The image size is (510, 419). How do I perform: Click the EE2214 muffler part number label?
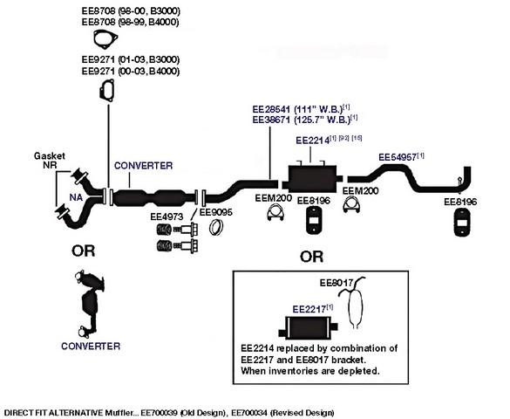point(312,141)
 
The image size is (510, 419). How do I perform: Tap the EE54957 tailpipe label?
point(398,157)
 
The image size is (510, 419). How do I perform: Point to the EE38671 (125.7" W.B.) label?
point(302,120)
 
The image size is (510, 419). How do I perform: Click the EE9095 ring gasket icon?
point(216,227)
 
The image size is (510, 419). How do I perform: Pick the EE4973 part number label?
point(167,216)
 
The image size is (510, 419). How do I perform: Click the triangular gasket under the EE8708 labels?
point(105,39)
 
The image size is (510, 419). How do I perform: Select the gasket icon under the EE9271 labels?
point(106,90)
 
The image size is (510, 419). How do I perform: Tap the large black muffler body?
point(312,179)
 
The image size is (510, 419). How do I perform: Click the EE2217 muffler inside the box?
point(308,328)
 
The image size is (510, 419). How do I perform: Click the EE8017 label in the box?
point(336,283)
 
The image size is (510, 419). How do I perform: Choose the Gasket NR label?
point(50,160)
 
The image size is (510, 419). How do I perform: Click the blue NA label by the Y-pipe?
point(76,197)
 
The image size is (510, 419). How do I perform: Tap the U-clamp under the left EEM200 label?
point(275,213)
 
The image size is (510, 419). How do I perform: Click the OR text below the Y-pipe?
point(84,251)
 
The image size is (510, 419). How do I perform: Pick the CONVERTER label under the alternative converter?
point(91,346)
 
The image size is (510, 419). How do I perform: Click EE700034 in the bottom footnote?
point(249,413)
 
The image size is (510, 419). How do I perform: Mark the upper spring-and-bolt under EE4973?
point(177,230)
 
